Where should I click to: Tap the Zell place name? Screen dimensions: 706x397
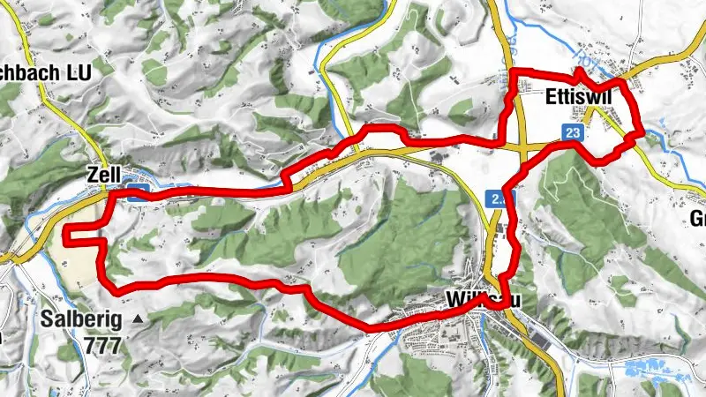[104, 175]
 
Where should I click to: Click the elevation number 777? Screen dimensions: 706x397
[102, 344]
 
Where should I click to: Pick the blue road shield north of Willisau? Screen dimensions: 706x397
[499, 198]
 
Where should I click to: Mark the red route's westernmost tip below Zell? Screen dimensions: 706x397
[67, 231]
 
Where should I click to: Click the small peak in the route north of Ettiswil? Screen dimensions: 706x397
[578, 71]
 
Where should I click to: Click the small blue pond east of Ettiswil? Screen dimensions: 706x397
[653, 135]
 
